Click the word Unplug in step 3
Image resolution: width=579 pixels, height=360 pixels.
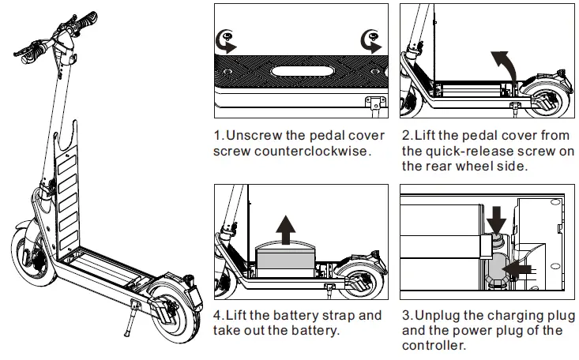click(439, 316)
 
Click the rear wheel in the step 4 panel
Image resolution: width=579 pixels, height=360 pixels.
click(358, 280)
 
